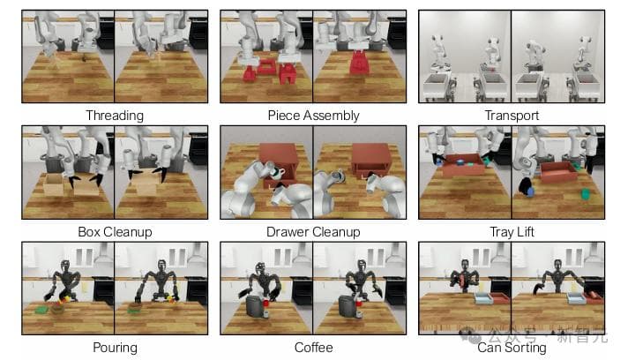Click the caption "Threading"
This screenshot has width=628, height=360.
[115, 116]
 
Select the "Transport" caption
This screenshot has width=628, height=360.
[512, 116]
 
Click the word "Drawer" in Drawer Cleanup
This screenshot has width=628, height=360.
[288, 232]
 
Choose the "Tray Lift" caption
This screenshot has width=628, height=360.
[512, 232]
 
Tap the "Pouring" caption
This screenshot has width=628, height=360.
[115, 347]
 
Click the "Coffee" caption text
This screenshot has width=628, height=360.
[313, 347]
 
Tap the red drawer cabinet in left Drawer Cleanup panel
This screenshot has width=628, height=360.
[278, 164]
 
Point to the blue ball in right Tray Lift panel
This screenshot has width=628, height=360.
[531, 192]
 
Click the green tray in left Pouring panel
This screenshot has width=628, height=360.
[41, 310]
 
